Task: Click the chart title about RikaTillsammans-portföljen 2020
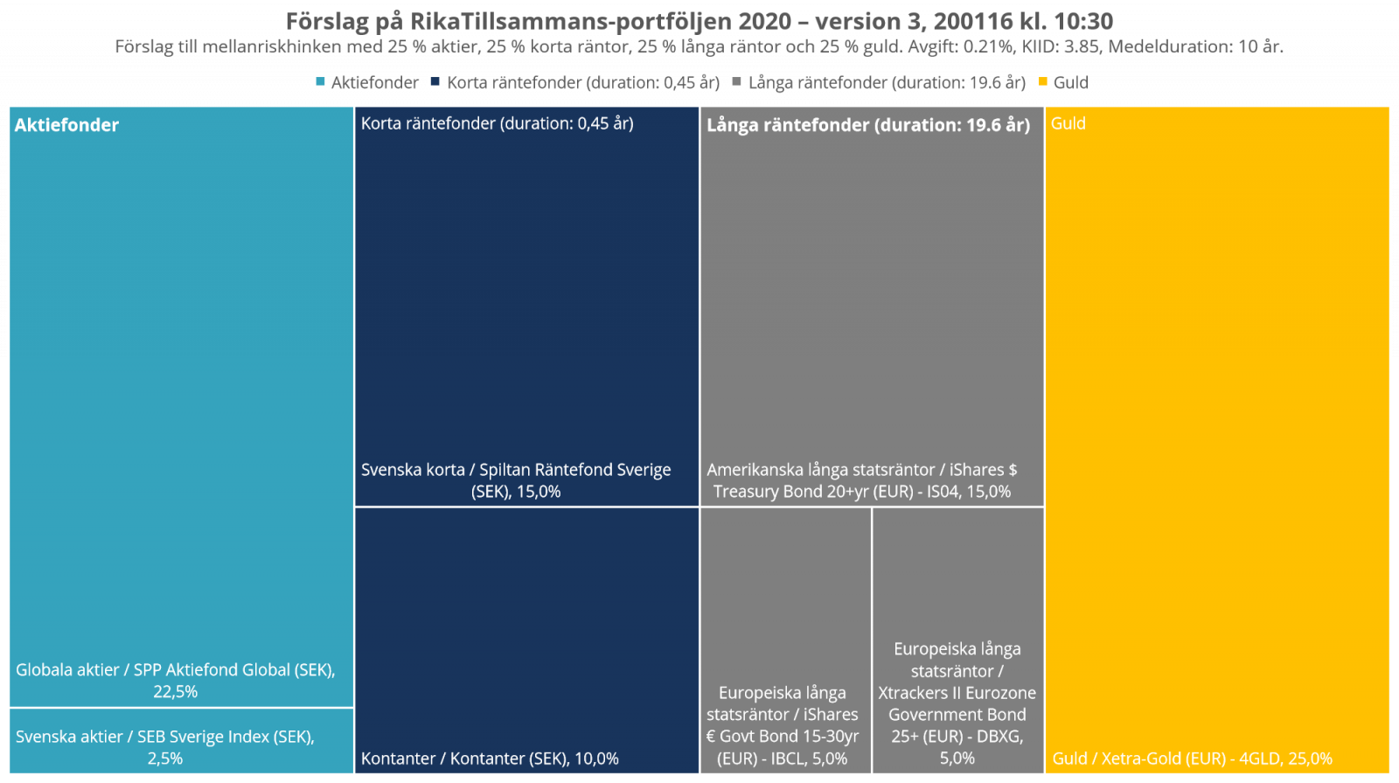pyautogui.click(x=699, y=21)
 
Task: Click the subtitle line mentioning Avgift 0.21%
pyautogui.click(x=699, y=46)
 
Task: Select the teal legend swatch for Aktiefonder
pyautogui.click(x=321, y=81)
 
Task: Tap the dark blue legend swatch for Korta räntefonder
pyautogui.click(x=435, y=81)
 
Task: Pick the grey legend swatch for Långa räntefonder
pyautogui.click(x=737, y=81)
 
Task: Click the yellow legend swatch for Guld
pyautogui.click(x=1042, y=81)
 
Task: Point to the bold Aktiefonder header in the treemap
pyautogui.click(x=66, y=125)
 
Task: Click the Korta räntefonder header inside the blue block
pyautogui.click(x=497, y=123)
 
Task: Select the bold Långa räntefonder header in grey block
pyautogui.click(x=868, y=125)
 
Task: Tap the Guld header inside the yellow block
pyautogui.click(x=1068, y=123)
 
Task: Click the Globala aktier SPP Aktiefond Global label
pyautogui.click(x=175, y=670)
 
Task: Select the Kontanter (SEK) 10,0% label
pyautogui.click(x=490, y=759)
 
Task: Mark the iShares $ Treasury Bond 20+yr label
pyautogui.click(x=861, y=480)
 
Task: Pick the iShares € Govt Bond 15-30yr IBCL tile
pyautogui.click(x=783, y=725)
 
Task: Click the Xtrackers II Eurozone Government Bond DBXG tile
pyautogui.click(x=957, y=703)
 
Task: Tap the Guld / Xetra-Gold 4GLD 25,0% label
pyautogui.click(x=1192, y=759)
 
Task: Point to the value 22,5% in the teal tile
pyautogui.click(x=175, y=692)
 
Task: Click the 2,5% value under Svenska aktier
pyautogui.click(x=164, y=759)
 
